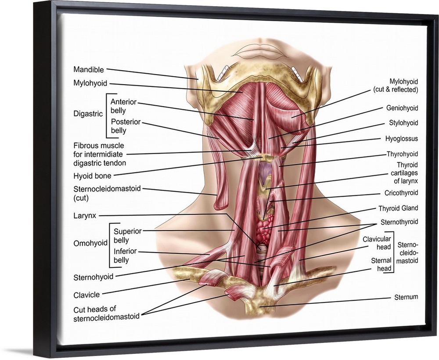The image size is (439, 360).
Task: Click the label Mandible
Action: coord(89,69)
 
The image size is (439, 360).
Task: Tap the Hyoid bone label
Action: coord(92,176)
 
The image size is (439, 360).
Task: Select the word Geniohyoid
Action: coord(402,108)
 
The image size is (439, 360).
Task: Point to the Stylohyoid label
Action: coord(403,123)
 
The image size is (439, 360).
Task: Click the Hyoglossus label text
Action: coord(401,139)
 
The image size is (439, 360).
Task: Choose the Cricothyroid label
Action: coord(401,193)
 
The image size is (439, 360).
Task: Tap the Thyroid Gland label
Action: coord(398,208)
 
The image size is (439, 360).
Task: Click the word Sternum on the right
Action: coord(406,297)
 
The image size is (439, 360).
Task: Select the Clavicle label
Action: coord(87,295)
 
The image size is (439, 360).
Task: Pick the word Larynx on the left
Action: coord(85,216)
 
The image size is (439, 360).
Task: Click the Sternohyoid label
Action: coord(94,277)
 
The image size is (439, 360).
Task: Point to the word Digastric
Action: coord(88,114)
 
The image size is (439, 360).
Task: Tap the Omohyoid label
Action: coord(91,243)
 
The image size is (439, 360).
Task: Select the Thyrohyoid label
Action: coord(402,154)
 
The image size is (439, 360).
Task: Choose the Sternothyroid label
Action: coord(399,222)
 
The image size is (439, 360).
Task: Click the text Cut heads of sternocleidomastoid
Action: coord(106,313)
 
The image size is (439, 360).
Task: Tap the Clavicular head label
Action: coord(376,243)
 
